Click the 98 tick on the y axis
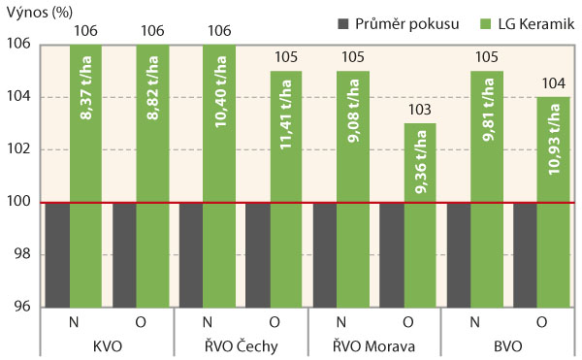pos(24,254)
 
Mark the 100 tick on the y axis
pos(20,202)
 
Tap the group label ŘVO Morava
pos(373,346)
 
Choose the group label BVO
pos(507,346)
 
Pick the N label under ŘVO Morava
pos(340,322)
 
